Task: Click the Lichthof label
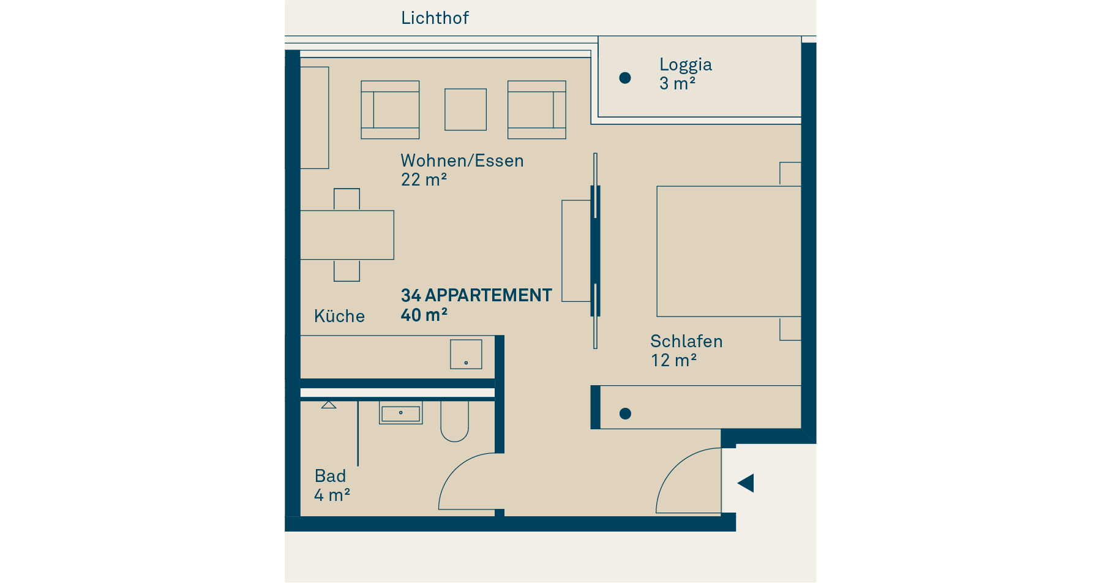point(435,18)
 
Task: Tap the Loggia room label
point(685,64)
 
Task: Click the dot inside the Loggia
point(625,78)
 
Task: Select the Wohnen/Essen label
point(462,160)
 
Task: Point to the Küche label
point(339,316)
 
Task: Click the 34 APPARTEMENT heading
point(476,295)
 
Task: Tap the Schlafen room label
point(686,341)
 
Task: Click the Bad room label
point(330,476)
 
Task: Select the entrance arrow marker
point(746,483)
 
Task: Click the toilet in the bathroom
point(454,421)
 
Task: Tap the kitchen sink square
point(466,355)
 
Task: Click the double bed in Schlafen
point(729,252)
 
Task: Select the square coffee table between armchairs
point(466,110)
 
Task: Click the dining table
point(347,235)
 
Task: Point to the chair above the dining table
point(347,200)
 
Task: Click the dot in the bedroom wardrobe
point(625,414)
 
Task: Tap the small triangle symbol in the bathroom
point(329,405)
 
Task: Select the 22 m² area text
point(424,180)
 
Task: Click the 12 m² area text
point(673,361)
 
